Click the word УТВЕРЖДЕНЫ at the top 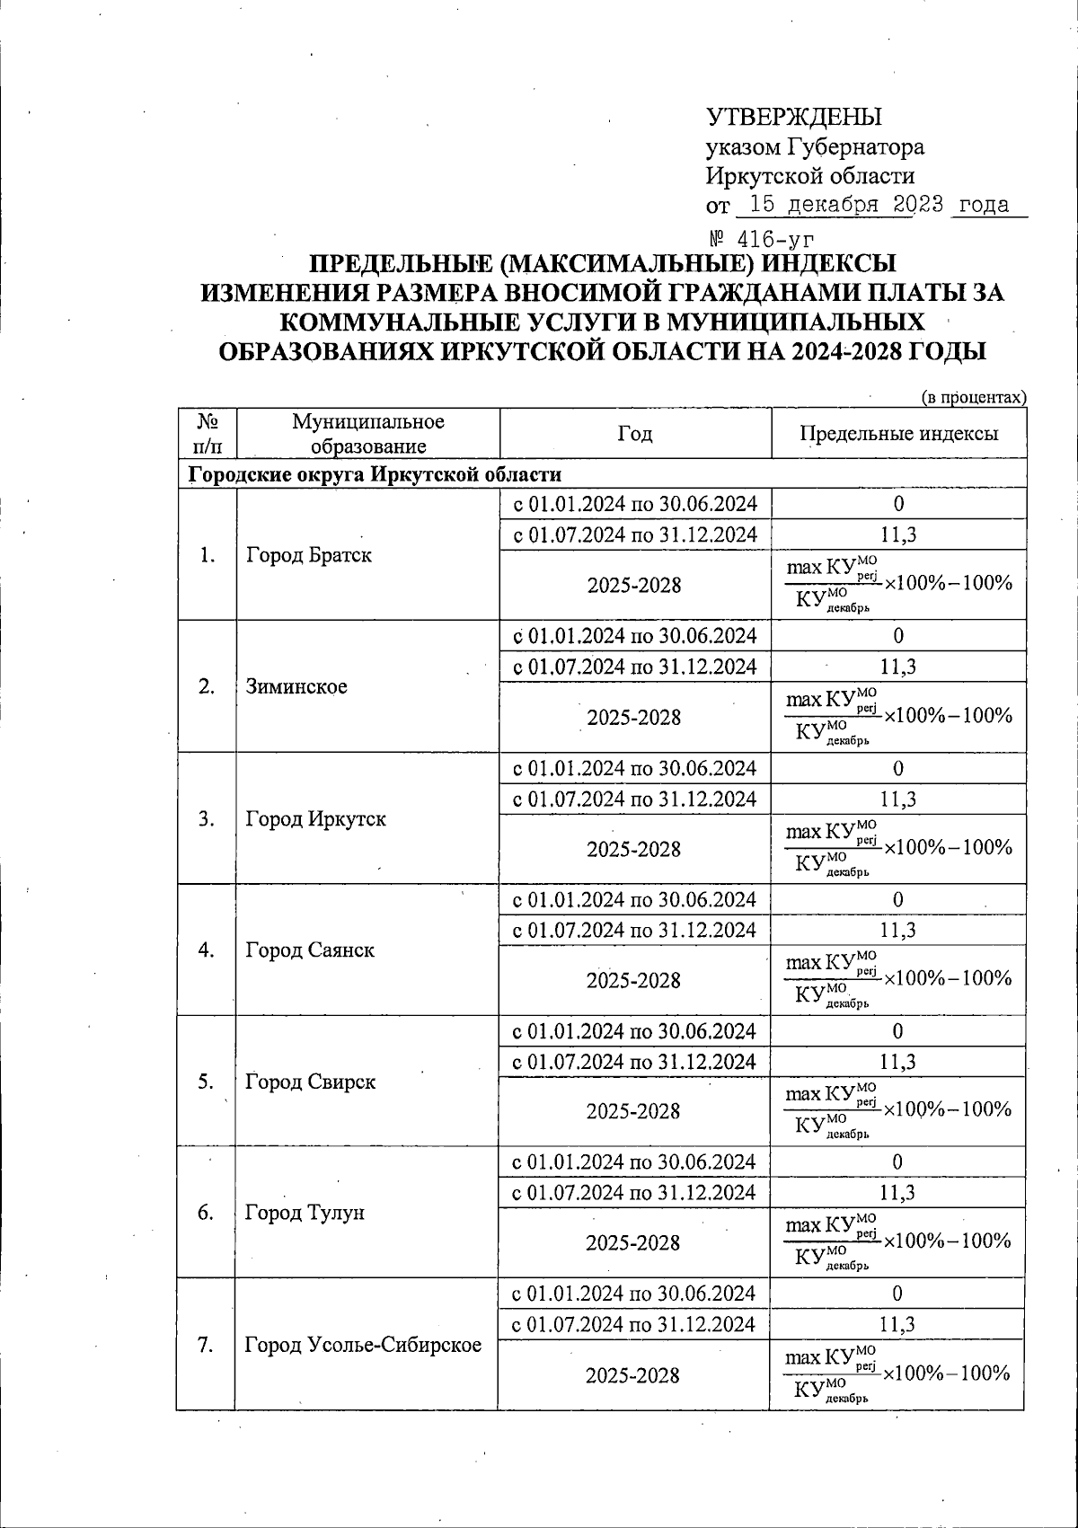coord(794,118)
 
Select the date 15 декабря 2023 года coord(879,205)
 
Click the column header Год coord(635,434)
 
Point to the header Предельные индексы coord(898,434)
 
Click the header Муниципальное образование coord(367,434)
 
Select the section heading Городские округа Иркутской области coord(375,474)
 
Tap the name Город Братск coord(308,555)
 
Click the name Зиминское coord(296,687)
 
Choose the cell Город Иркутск coord(315,819)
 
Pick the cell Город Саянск coord(310,950)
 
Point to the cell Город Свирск coord(310,1082)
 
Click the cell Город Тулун coord(305,1214)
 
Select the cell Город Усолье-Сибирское coord(363,1345)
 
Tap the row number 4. coord(206,950)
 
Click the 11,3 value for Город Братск coord(898,535)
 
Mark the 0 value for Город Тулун coord(898,1162)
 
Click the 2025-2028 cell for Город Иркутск coord(634,849)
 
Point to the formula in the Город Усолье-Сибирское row coord(898,1374)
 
